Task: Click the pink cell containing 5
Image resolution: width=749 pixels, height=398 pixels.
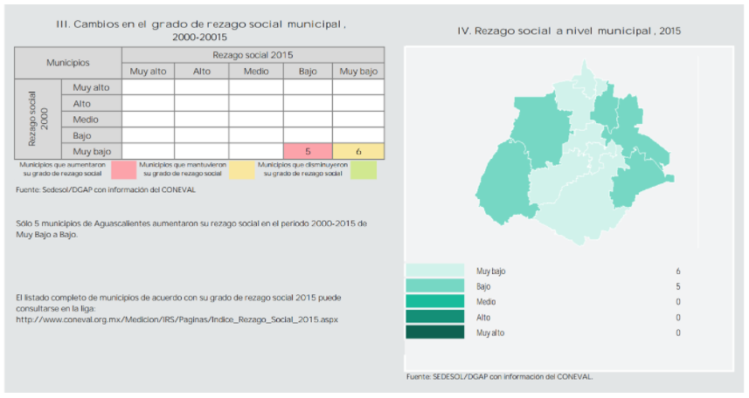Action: click(308, 151)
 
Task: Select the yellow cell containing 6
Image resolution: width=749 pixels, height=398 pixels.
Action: click(358, 151)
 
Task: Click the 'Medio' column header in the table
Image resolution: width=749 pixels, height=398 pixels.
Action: click(256, 71)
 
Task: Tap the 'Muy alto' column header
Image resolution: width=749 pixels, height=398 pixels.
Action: click(149, 71)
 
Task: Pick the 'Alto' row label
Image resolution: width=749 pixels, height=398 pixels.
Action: click(82, 103)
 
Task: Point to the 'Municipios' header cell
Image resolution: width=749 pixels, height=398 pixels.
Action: click(67, 63)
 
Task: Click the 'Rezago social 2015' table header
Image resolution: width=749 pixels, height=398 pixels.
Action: click(253, 54)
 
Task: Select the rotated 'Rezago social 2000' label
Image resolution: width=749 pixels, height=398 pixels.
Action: click(38, 119)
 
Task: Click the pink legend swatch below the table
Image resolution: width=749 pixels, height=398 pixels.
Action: click(130, 169)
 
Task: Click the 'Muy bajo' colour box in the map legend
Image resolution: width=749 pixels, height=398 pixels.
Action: click(434, 271)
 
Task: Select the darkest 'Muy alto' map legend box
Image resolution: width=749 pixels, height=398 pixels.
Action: click(434, 333)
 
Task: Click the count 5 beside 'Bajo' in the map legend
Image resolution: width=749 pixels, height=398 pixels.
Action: click(678, 286)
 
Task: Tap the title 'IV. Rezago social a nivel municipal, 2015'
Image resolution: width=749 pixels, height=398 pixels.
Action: click(569, 31)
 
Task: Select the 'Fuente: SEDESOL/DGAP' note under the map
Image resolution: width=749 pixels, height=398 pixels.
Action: click(499, 376)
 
